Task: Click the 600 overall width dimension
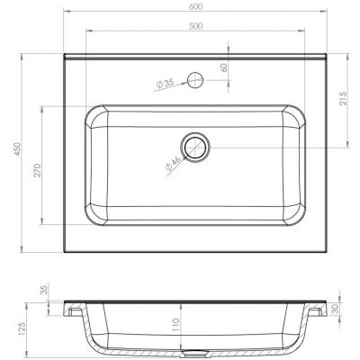coord(196,6)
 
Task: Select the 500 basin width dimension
coord(196,26)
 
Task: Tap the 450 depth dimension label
coord(18,149)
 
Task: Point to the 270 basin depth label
coord(37,170)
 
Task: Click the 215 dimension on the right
coord(343,98)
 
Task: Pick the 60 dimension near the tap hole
coord(224,67)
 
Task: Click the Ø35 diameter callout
coord(165,84)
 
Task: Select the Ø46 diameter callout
coord(174,164)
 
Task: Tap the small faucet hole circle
coord(195,80)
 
